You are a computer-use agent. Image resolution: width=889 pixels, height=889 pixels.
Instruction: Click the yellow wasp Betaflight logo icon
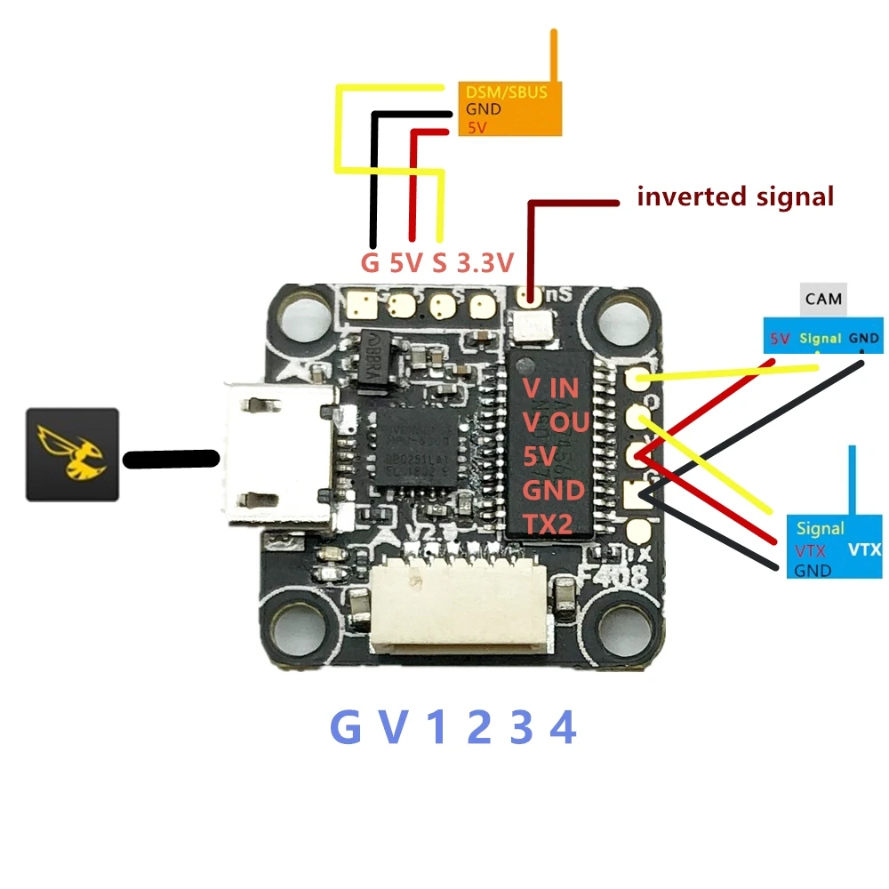(x=72, y=453)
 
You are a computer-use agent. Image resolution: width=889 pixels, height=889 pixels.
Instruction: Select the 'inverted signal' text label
(x=735, y=196)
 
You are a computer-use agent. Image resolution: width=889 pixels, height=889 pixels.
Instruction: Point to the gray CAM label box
(x=823, y=300)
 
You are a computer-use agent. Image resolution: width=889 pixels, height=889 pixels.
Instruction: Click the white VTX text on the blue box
(x=864, y=550)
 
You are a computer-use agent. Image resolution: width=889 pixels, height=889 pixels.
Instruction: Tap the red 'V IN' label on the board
(x=549, y=389)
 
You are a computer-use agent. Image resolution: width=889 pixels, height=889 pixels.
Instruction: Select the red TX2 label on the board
(x=548, y=525)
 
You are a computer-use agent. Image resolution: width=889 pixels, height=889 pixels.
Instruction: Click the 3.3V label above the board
(x=485, y=263)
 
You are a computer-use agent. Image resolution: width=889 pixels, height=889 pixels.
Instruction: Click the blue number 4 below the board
(x=562, y=729)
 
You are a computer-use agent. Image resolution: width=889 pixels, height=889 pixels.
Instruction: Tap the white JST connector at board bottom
(x=462, y=608)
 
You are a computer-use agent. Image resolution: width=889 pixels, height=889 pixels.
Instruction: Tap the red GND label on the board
(x=553, y=490)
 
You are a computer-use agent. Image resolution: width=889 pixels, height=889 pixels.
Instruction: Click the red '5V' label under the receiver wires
(x=410, y=263)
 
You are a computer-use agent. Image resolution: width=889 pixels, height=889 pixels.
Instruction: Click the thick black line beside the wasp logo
(x=171, y=459)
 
